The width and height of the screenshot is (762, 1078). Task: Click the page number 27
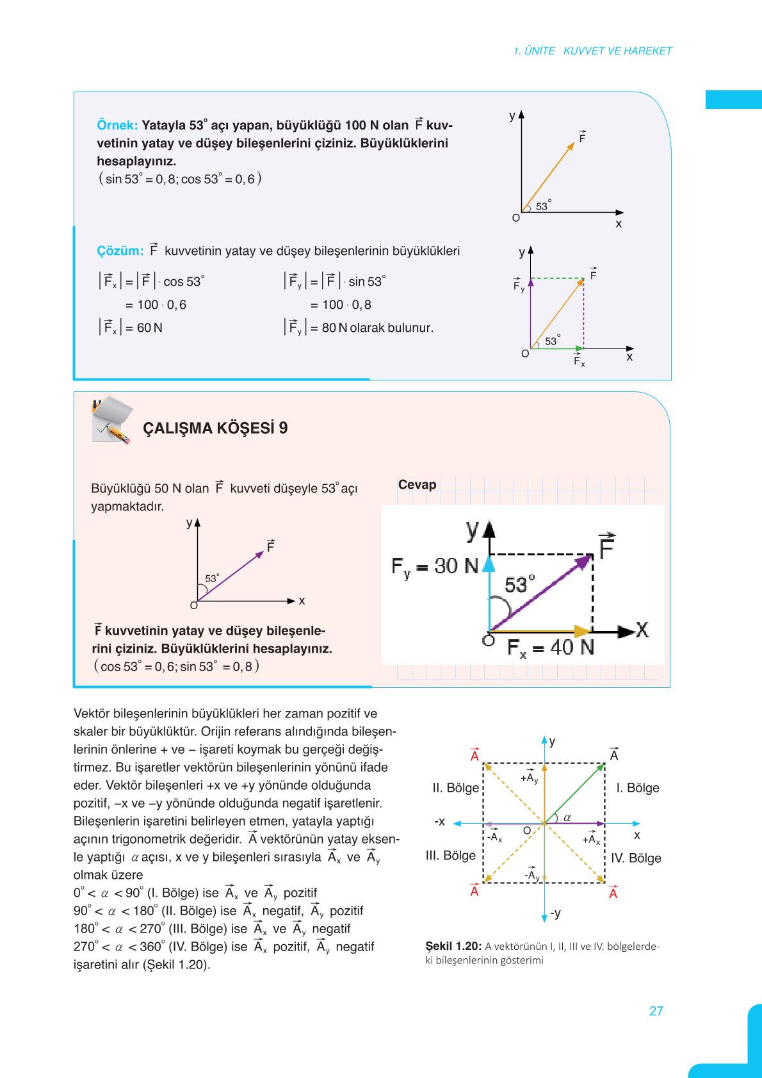[x=656, y=1011]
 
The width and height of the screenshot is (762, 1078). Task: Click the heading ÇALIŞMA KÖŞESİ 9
[x=215, y=428]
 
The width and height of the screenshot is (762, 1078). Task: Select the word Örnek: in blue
[x=117, y=126]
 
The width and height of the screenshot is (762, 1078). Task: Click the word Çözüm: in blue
[x=120, y=251]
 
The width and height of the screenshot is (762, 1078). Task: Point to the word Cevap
[x=417, y=485]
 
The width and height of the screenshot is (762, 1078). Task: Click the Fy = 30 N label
[x=435, y=566]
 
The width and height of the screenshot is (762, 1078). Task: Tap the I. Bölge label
[x=637, y=788]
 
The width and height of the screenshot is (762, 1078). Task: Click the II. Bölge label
[x=455, y=788]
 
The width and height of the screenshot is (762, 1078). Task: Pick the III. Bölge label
[x=451, y=856]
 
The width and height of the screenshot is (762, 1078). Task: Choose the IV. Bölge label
[x=635, y=858]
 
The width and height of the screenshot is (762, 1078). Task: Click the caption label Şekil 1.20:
[x=453, y=946]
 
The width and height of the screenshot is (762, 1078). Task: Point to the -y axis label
[x=555, y=913]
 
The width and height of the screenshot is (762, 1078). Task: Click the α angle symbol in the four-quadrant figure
[x=567, y=818]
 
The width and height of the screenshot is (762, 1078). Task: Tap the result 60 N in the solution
[x=149, y=328]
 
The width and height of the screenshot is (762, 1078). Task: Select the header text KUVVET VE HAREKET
[x=617, y=51]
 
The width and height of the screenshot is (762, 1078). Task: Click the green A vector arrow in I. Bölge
[x=575, y=792]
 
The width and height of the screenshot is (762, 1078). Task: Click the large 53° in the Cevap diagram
[x=519, y=585]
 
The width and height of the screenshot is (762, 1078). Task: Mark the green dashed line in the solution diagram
[x=557, y=279]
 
